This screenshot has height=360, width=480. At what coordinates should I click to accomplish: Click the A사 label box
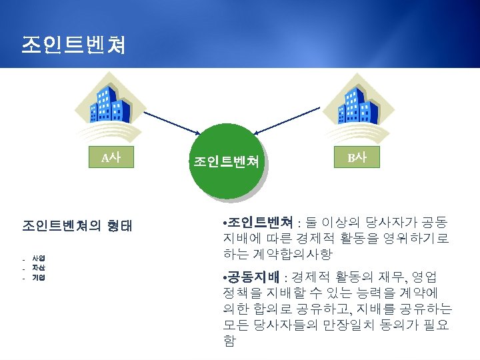[111, 159]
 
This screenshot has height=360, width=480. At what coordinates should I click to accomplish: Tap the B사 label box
[357, 159]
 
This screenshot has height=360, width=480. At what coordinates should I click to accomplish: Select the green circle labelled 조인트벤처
[226, 162]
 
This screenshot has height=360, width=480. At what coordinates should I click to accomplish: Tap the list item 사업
[39, 257]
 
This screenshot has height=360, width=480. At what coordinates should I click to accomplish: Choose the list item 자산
[39, 267]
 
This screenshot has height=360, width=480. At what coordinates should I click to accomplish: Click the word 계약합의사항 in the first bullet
[293, 255]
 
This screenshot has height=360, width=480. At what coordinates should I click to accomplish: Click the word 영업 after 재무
[425, 277]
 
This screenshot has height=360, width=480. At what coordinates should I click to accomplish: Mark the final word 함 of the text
[229, 341]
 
